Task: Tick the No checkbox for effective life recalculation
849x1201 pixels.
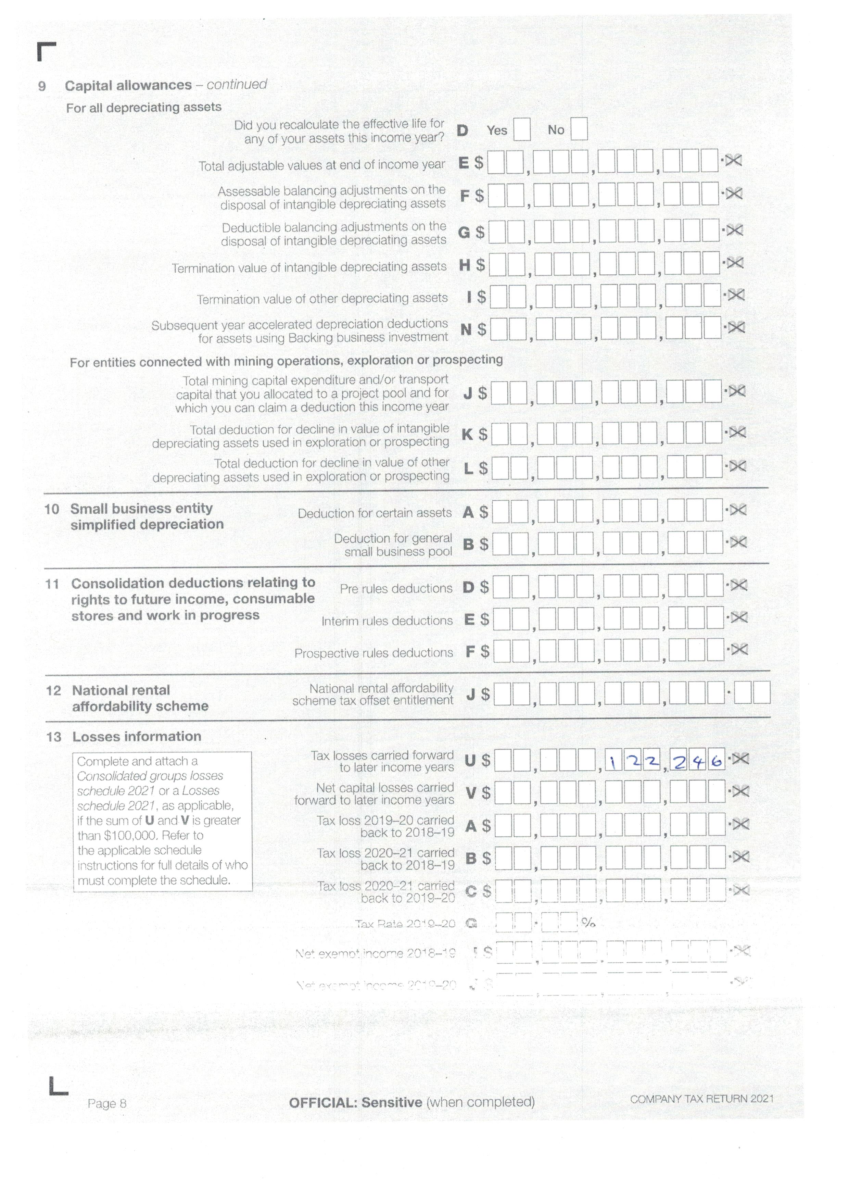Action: click(x=579, y=129)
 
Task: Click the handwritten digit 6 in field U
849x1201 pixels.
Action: click(x=717, y=762)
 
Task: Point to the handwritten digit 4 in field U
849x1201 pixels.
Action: click(x=699, y=762)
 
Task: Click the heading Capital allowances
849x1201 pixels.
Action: click(x=128, y=85)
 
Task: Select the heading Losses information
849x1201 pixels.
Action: click(x=137, y=737)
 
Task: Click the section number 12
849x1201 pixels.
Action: click(x=53, y=690)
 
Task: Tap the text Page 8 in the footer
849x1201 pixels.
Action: click(x=107, y=1104)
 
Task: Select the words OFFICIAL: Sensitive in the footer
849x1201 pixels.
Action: click(x=355, y=1103)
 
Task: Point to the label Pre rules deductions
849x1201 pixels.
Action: click(x=396, y=588)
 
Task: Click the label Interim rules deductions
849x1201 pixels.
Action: click(x=387, y=621)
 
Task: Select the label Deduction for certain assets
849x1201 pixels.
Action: click(x=374, y=513)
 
